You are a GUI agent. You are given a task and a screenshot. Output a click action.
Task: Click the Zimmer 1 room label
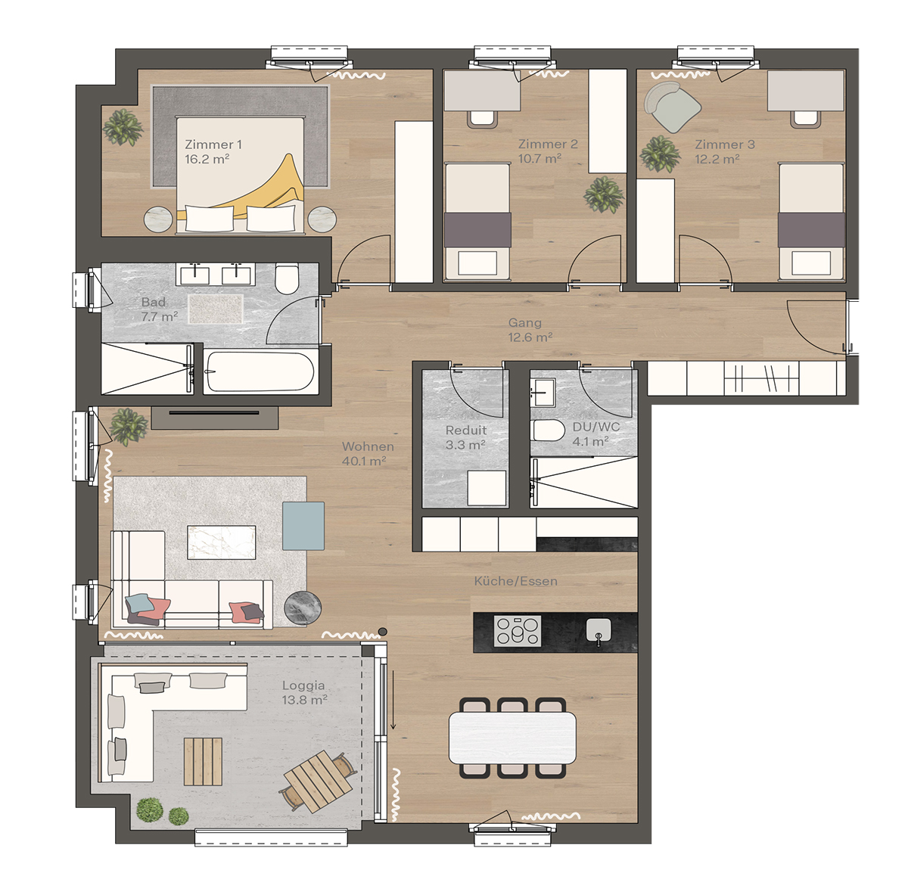(213, 145)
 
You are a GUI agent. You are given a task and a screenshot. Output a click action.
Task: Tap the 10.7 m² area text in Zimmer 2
(540, 159)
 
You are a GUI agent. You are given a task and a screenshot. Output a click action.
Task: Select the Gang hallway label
(524, 323)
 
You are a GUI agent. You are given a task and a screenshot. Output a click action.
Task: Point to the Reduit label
(466, 430)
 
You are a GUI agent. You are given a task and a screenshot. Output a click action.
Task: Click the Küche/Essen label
(515, 581)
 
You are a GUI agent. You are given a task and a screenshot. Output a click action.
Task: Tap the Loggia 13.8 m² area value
(304, 701)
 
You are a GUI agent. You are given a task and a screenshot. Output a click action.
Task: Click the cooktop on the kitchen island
(518, 631)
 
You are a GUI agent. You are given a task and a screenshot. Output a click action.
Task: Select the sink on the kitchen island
(598, 629)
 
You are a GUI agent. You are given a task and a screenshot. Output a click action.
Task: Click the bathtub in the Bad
(260, 371)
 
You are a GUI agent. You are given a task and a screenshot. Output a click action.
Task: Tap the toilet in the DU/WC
(549, 431)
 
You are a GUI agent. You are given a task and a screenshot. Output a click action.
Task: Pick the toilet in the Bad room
(287, 278)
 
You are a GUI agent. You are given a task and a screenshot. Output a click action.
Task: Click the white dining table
(512, 738)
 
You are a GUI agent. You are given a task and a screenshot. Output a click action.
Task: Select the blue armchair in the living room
(303, 526)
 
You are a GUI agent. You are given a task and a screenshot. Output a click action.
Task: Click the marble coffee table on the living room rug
(222, 542)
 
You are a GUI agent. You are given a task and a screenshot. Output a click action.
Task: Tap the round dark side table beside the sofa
(303, 607)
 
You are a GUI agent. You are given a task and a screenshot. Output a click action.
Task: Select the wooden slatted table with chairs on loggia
(319, 780)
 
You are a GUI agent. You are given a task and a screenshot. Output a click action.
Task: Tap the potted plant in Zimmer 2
(604, 194)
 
